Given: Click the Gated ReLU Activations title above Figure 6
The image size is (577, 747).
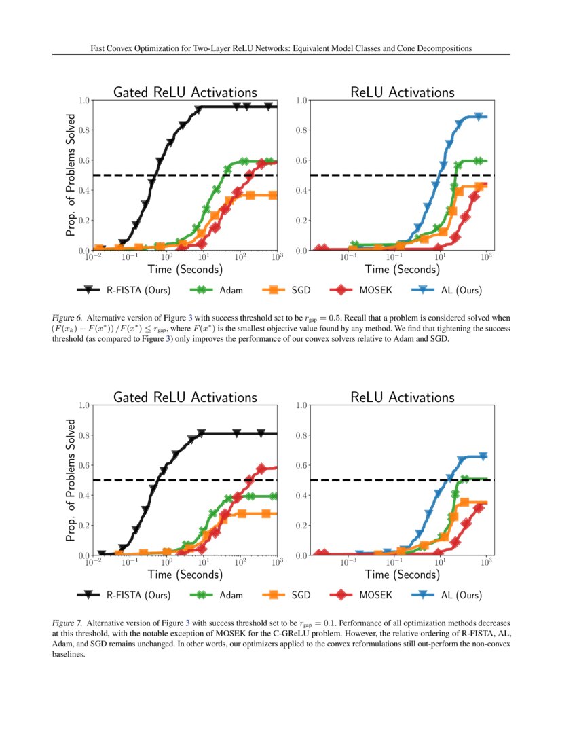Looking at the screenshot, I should pos(185,92).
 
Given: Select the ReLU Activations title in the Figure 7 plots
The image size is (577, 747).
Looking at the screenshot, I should pos(403,397).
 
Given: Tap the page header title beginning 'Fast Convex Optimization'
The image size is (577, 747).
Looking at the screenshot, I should pos(281,48).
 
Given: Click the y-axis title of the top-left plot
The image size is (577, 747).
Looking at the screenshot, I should pos(70,175).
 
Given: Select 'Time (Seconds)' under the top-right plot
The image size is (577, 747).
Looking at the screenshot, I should pos(402,270).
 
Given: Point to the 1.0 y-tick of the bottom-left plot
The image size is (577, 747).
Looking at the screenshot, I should pos(85,405).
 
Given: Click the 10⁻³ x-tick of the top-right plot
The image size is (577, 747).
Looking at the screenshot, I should pos(349,258).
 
